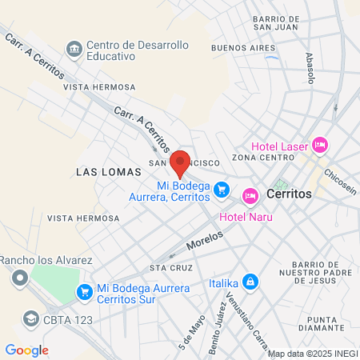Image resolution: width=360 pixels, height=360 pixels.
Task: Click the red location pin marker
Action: [180, 162]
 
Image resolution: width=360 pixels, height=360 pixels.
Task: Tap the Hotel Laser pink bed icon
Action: [320, 144]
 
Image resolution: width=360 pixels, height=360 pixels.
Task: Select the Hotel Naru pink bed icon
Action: [250, 195]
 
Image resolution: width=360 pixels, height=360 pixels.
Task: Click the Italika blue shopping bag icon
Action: [251, 282]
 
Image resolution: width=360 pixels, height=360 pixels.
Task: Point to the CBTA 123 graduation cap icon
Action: [31, 318]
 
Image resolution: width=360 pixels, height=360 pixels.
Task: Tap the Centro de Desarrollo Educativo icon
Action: [74, 49]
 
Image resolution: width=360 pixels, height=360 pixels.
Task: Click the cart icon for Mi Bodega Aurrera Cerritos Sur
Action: [83, 293]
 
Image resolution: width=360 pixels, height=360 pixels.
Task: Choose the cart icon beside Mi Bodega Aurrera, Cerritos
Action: [223, 190]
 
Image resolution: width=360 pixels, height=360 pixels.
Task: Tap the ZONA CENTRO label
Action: [258, 158]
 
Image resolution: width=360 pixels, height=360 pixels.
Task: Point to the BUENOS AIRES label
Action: [238, 47]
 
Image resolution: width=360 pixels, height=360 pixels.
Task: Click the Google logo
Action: [27, 350]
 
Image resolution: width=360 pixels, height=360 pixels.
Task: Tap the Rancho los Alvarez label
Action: [47, 260]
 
